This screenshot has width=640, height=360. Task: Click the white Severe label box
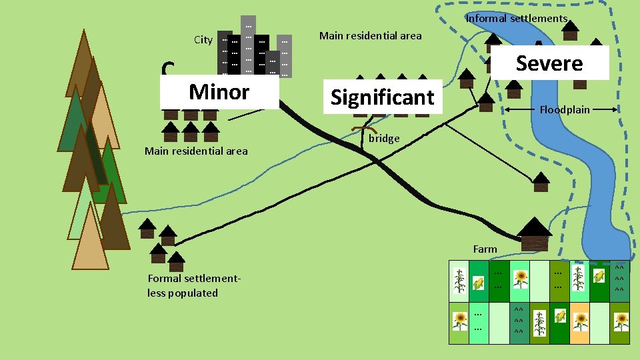(549, 63)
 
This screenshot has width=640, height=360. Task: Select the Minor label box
(219, 91)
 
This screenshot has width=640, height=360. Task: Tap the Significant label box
(383, 97)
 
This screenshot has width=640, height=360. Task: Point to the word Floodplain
(564, 109)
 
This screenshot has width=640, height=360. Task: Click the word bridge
(384, 139)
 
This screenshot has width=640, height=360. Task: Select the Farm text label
(485, 249)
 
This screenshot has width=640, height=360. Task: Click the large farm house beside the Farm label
(534, 234)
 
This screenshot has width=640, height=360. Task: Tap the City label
(203, 40)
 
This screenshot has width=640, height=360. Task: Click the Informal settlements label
(516, 19)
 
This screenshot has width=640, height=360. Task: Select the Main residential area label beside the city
(370, 36)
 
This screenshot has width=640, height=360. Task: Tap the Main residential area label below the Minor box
(195, 151)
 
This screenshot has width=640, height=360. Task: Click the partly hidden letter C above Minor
(168, 69)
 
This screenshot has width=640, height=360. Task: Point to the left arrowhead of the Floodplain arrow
(506, 109)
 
